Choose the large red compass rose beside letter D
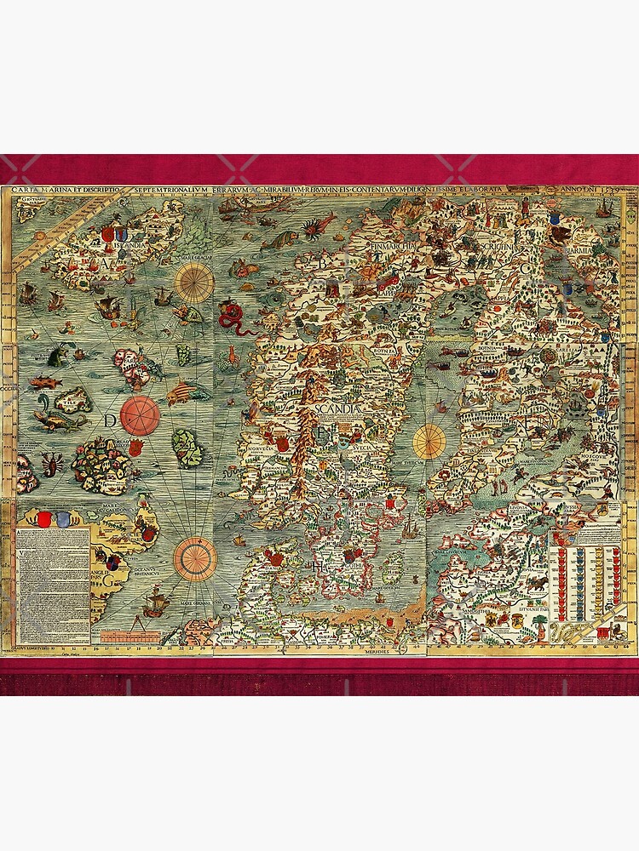click(x=141, y=415)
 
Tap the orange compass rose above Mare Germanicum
click(x=195, y=558)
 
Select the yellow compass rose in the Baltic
click(x=430, y=440)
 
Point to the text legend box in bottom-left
click(x=53, y=585)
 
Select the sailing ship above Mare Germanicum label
click(x=156, y=603)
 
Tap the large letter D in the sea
click(x=110, y=420)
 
